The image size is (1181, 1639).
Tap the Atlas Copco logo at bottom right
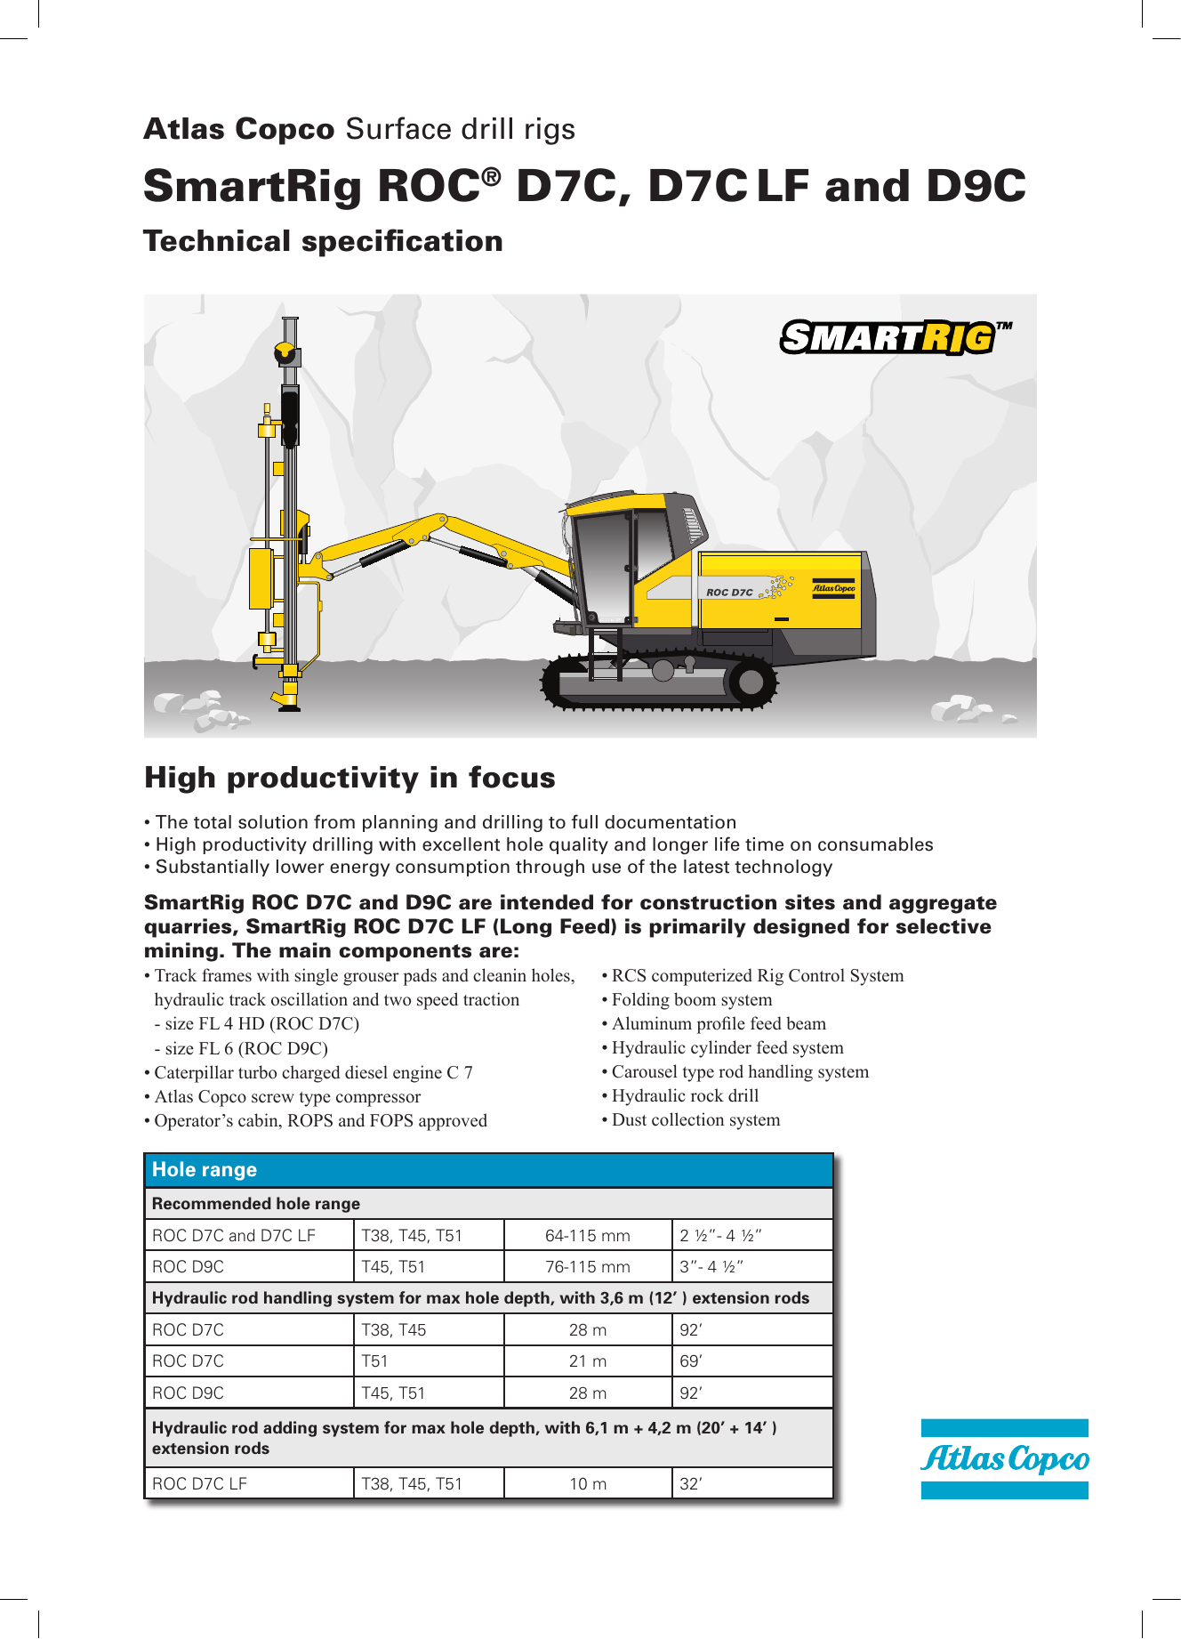(1004, 1458)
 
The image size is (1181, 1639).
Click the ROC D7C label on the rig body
(729, 592)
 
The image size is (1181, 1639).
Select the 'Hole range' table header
(205, 1170)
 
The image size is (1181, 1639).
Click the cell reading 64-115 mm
(587, 1235)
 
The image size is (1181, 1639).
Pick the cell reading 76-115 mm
(587, 1266)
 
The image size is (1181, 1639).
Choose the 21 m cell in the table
(587, 1360)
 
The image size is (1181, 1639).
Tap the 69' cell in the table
(691, 1360)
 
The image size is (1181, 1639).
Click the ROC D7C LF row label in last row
(199, 1483)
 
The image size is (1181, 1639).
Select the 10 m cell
(587, 1483)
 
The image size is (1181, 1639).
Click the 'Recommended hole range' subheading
(256, 1203)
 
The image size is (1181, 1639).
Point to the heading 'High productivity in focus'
(349, 777)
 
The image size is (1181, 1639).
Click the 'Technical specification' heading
(323, 241)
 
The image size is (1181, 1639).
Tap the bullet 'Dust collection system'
(695, 1119)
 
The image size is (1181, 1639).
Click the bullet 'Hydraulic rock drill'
(685, 1095)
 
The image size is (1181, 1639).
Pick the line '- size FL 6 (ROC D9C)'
(241, 1048)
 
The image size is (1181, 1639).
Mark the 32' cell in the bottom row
(691, 1483)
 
